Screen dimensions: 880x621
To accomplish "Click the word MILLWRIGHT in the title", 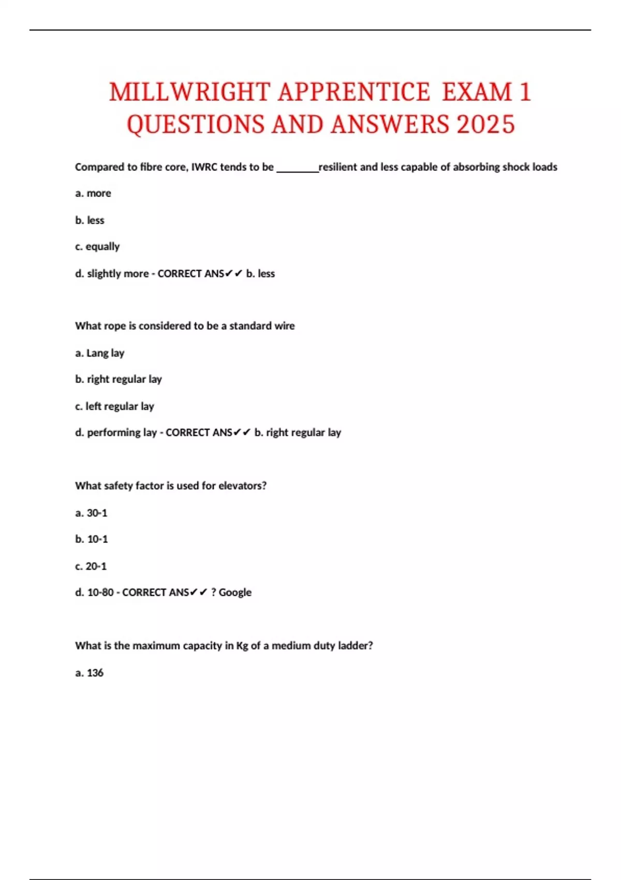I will point(189,93).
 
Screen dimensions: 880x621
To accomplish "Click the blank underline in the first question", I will point(298,169).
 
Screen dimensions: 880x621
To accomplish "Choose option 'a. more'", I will point(93,194).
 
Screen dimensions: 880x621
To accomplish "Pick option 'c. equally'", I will point(97,247).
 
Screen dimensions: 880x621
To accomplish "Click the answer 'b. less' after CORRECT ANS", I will point(260,274).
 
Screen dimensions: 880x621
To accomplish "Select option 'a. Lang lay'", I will point(100,353).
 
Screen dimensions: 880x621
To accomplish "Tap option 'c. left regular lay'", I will point(114,406).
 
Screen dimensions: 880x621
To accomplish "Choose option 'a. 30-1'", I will point(91,513).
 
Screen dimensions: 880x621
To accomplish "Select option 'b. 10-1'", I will point(92,539).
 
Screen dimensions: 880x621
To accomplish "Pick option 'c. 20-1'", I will point(91,566).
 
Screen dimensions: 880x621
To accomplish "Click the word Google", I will point(235,593).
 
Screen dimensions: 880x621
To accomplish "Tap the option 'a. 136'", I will point(90,673).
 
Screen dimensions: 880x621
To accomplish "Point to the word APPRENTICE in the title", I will point(353,93).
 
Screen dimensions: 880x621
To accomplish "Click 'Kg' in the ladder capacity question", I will point(242,646).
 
